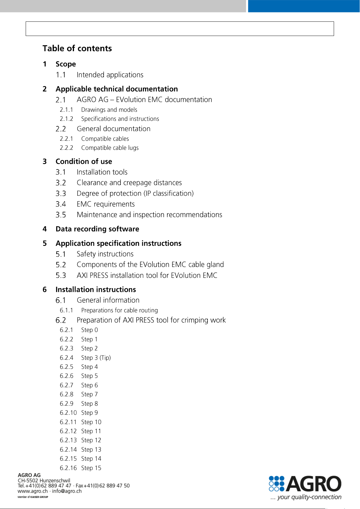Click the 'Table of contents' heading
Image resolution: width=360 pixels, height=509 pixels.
[x=77, y=48]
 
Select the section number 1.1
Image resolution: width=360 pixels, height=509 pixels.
[x=61, y=75]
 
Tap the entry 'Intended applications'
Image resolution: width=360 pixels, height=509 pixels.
[x=110, y=75]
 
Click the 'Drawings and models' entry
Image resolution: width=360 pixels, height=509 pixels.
[x=109, y=110]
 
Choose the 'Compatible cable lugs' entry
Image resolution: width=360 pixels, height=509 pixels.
[x=110, y=148]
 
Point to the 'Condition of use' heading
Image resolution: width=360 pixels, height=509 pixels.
[x=84, y=161]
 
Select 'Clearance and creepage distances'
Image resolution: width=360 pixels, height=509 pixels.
[x=129, y=183]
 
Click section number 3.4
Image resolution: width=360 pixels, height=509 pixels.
[x=61, y=204]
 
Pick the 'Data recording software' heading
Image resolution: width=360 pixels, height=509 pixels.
[x=97, y=229]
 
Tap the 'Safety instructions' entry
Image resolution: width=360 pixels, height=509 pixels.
[x=105, y=254]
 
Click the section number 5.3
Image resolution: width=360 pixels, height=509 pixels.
[x=61, y=275]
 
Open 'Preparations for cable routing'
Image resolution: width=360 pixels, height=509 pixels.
[x=120, y=310]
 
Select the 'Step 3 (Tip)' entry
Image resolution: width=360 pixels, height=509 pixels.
[x=96, y=358]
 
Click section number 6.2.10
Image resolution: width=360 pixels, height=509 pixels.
[x=68, y=413]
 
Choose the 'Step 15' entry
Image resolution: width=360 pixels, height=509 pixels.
[x=91, y=468]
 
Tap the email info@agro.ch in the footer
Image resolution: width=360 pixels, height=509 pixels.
[x=67, y=491]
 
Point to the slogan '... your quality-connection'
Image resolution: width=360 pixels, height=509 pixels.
[x=306, y=497]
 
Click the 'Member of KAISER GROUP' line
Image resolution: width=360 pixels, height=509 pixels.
[x=33, y=497]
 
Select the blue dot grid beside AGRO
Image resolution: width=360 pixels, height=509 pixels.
[x=277, y=484]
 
